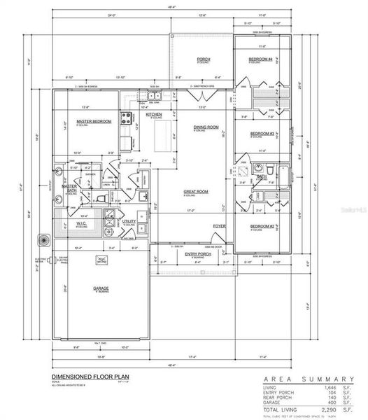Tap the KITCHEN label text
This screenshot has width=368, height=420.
click(154, 114)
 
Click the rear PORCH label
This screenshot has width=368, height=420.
click(204, 59)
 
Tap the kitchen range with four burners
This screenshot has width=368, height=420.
click(128, 118)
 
